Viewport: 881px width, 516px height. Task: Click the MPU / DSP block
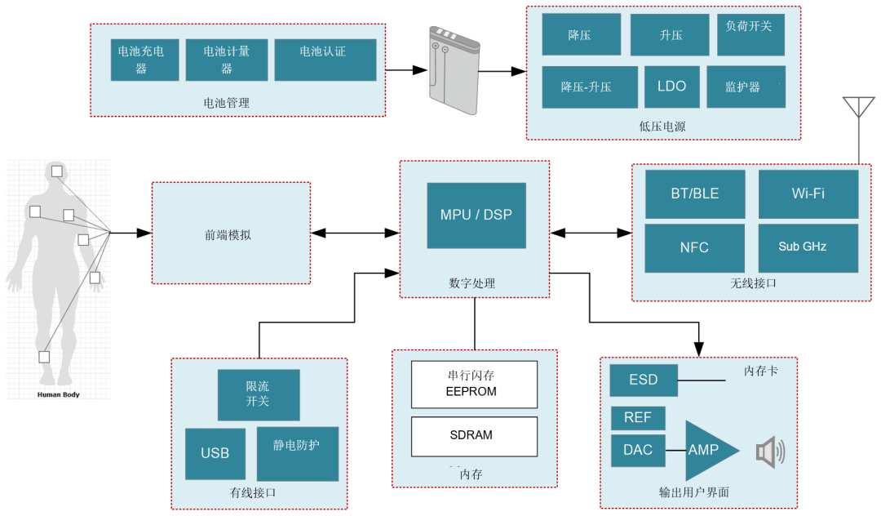point(476,216)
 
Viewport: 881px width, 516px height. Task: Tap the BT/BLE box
point(695,194)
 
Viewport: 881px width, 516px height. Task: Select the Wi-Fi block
point(808,194)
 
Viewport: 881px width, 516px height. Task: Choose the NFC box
point(695,247)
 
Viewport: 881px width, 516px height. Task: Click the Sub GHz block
point(808,247)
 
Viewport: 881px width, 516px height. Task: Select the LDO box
point(671,87)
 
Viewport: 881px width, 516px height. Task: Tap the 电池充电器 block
point(144,60)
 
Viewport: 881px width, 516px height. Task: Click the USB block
point(215,453)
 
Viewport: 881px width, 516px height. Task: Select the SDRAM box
point(474,436)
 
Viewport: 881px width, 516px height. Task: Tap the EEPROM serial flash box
point(474,384)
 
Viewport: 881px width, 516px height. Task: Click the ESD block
point(644,380)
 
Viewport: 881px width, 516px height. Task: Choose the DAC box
point(638,450)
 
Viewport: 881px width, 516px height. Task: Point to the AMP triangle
point(706,451)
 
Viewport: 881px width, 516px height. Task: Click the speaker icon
point(769,451)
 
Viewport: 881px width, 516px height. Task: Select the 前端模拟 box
point(231,234)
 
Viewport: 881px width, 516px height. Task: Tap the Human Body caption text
point(58,394)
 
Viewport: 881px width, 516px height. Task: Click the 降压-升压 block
point(590,87)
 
